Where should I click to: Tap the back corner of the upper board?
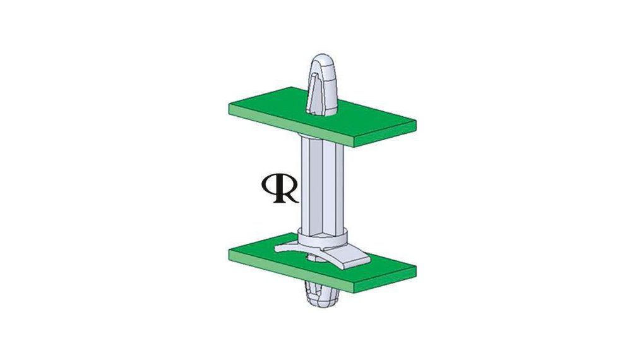(x=291, y=87)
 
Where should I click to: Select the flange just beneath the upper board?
(x=322, y=138)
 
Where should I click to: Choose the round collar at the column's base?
(x=322, y=239)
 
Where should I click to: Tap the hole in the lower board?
(x=314, y=256)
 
